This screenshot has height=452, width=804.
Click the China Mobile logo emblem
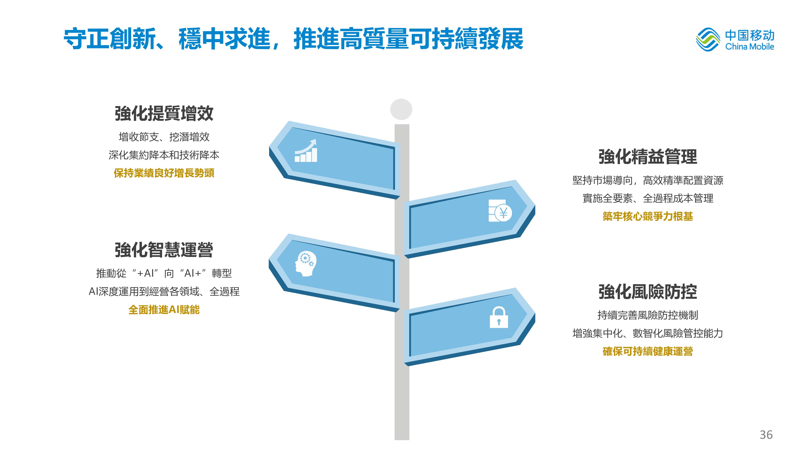point(708,40)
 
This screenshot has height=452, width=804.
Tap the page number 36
point(766,434)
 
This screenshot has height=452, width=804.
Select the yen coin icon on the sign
point(500,211)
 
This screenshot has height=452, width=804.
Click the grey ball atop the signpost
point(401,109)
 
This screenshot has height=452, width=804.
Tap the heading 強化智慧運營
point(164,250)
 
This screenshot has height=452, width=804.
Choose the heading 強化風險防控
point(648,292)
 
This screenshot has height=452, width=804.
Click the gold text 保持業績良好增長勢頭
point(164,173)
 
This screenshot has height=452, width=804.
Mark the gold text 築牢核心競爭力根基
point(648,216)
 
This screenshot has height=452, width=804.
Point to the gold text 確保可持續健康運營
point(648,351)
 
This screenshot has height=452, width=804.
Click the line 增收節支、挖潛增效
point(164,137)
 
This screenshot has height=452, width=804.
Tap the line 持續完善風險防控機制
point(648,315)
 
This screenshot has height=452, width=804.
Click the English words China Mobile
point(749,47)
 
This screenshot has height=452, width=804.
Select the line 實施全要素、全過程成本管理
point(648,198)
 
